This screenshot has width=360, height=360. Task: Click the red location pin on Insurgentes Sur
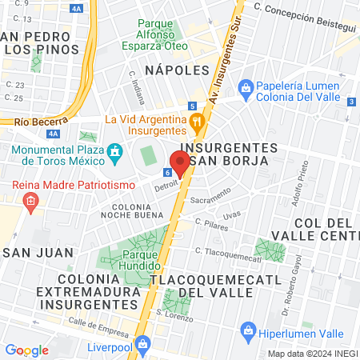tap(179, 163)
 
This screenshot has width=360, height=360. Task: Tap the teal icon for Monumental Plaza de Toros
tap(115, 150)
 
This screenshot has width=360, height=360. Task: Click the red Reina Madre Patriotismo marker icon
tap(30, 201)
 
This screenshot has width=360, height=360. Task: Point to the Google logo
tap(26, 350)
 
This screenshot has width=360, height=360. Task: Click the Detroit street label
tap(165, 186)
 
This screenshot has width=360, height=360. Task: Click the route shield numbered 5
tap(193, 106)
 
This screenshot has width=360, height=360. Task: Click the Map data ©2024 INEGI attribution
tap(311, 354)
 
